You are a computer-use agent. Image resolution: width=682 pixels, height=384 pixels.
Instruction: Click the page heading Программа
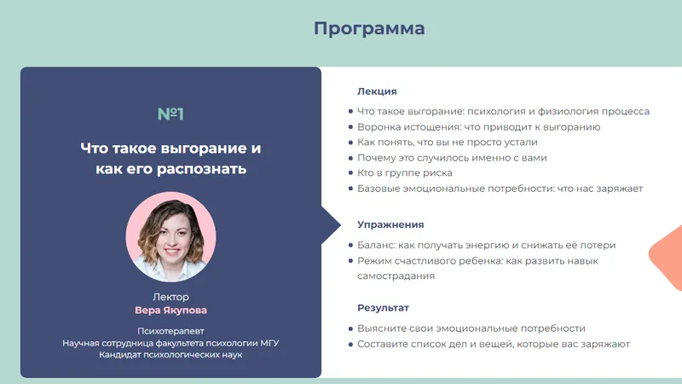pos(369,29)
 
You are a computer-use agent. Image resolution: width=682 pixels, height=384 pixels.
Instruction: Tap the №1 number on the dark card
pos(170,114)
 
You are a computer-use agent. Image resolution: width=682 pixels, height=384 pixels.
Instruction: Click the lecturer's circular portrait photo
pos(170,236)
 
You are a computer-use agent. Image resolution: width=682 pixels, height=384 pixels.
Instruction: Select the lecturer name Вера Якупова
pos(170,311)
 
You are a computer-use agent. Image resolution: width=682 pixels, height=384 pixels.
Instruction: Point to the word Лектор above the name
pos(170,297)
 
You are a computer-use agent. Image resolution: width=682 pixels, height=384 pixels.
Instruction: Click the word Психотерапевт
pos(170,330)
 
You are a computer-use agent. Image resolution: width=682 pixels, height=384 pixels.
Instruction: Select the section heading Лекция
pos(377,91)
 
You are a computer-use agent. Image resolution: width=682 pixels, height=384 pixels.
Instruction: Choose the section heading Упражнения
pos(390,224)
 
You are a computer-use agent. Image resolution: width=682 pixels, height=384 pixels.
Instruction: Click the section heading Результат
pos(383,307)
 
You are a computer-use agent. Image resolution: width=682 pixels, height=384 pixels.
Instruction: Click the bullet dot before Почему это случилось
pos(351,158)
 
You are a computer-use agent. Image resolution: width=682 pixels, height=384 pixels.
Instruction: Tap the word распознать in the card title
pos(205,169)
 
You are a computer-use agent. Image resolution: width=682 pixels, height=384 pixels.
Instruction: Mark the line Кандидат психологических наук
pos(170,354)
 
